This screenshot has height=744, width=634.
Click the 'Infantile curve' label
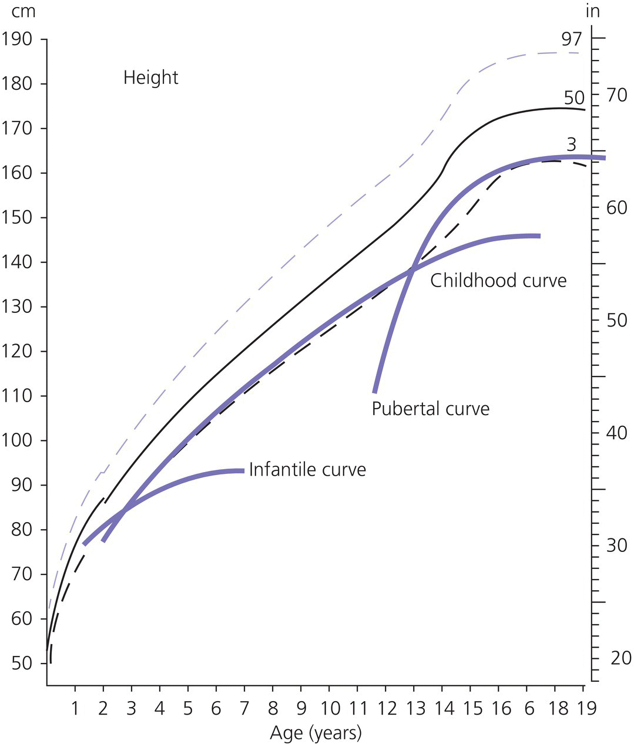(x=307, y=470)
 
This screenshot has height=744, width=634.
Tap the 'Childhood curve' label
(x=498, y=281)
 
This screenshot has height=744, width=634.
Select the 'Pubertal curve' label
(x=430, y=408)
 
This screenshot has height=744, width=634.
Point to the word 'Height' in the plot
(x=150, y=78)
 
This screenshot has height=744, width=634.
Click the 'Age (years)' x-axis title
(x=316, y=733)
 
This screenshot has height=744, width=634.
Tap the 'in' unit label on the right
(x=593, y=11)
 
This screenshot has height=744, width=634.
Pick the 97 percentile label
(x=571, y=39)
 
